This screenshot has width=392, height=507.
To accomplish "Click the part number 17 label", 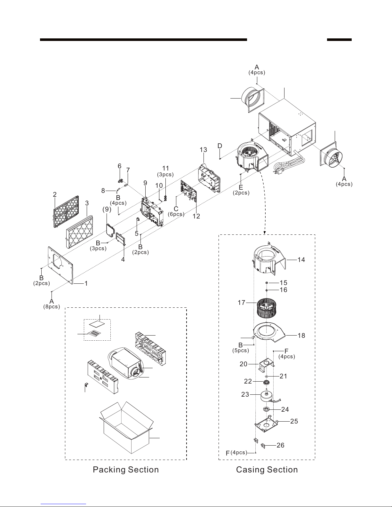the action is pyautogui.click(x=242, y=303).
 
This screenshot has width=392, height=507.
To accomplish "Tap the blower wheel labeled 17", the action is pyautogui.click(x=266, y=309).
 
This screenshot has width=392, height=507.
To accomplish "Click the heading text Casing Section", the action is pyautogui.click(x=267, y=470).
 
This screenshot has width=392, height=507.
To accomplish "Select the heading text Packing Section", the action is pyautogui.click(x=126, y=470).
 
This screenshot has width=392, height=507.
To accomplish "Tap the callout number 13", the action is pyautogui.click(x=203, y=150).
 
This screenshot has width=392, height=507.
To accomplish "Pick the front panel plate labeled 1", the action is pyautogui.click(x=60, y=265).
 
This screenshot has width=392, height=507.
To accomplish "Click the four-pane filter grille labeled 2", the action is pyautogui.click(x=66, y=211).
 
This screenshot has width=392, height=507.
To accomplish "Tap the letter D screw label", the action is pyautogui.click(x=220, y=146).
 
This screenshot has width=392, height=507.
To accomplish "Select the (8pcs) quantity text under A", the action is pyautogui.click(x=52, y=306).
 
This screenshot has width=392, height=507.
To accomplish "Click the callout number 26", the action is pyautogui.click(x=280, y=445).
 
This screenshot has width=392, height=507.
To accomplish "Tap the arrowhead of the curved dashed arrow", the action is pyautogui.click(x=264, y=233).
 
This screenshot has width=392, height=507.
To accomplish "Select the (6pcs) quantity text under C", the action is pyautogui.click(x=176, y=214).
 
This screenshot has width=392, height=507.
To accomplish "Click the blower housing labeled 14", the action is pyautogui.click(x=269, y=259).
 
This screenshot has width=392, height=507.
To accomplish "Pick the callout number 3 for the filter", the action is pyautogui.click(x=87, y=203).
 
